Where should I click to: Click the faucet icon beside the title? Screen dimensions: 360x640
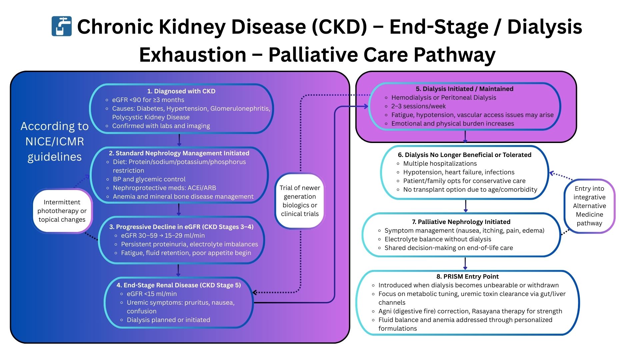[x=62, y=26]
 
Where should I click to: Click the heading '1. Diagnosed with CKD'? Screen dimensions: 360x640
[x=181, y=91]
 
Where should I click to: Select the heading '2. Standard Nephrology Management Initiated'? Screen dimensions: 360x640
[x=179, y=153]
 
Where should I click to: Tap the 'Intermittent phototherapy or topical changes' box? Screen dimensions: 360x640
[x=62, y=211]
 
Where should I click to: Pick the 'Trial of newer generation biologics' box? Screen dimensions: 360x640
[x=300, y=201]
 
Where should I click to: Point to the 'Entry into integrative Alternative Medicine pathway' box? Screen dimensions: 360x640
[x=589, y=206]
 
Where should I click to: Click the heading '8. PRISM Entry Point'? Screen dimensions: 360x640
[x=467, y=276]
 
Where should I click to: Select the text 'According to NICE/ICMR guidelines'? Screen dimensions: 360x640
[x=55, y=141]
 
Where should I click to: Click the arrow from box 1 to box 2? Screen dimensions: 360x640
[x=179, y=140]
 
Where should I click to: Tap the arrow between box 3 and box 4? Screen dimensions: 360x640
[x=178, y=270]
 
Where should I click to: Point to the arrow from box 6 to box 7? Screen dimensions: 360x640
[x=466, y=206]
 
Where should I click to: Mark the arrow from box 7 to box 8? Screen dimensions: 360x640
[x=465, y=263]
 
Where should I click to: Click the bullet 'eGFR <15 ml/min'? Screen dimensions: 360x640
[x=152, y=294]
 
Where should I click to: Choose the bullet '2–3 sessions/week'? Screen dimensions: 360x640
[x=418, y=106]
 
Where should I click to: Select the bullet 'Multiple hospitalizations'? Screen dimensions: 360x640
[x=440, y=163]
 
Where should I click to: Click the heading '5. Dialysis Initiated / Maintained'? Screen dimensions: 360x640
[x=464, y=89]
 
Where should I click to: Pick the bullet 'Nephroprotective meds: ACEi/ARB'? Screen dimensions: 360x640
[x=164, y=188]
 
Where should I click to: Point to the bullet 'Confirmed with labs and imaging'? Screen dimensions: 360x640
[x=161, y=126]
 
